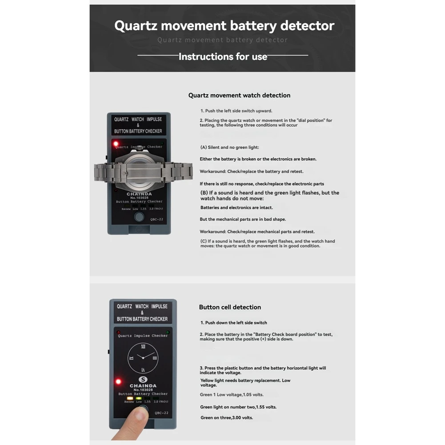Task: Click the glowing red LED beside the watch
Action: [x=116, y=144]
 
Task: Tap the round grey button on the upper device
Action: [x=139, y=217]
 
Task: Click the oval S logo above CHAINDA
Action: [x=143, y=379]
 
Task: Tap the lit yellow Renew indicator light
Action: [x=130, y=398]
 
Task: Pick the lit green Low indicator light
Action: [x=138, y=398]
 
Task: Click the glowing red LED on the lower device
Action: [x=118, y=381]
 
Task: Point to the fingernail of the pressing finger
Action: [x=141, y=415]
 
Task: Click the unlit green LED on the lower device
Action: [x=167, y=332]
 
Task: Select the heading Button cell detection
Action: [x=230, y=307]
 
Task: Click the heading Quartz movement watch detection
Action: [x=239, y=95]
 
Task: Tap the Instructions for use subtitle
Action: [x=223, y=56]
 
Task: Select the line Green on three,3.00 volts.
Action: [x=226, y=418]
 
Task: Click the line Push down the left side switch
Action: [x=233, y=323]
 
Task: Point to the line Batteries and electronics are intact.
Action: [x=237, y=208]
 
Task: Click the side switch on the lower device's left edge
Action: [x=109, y=352]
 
